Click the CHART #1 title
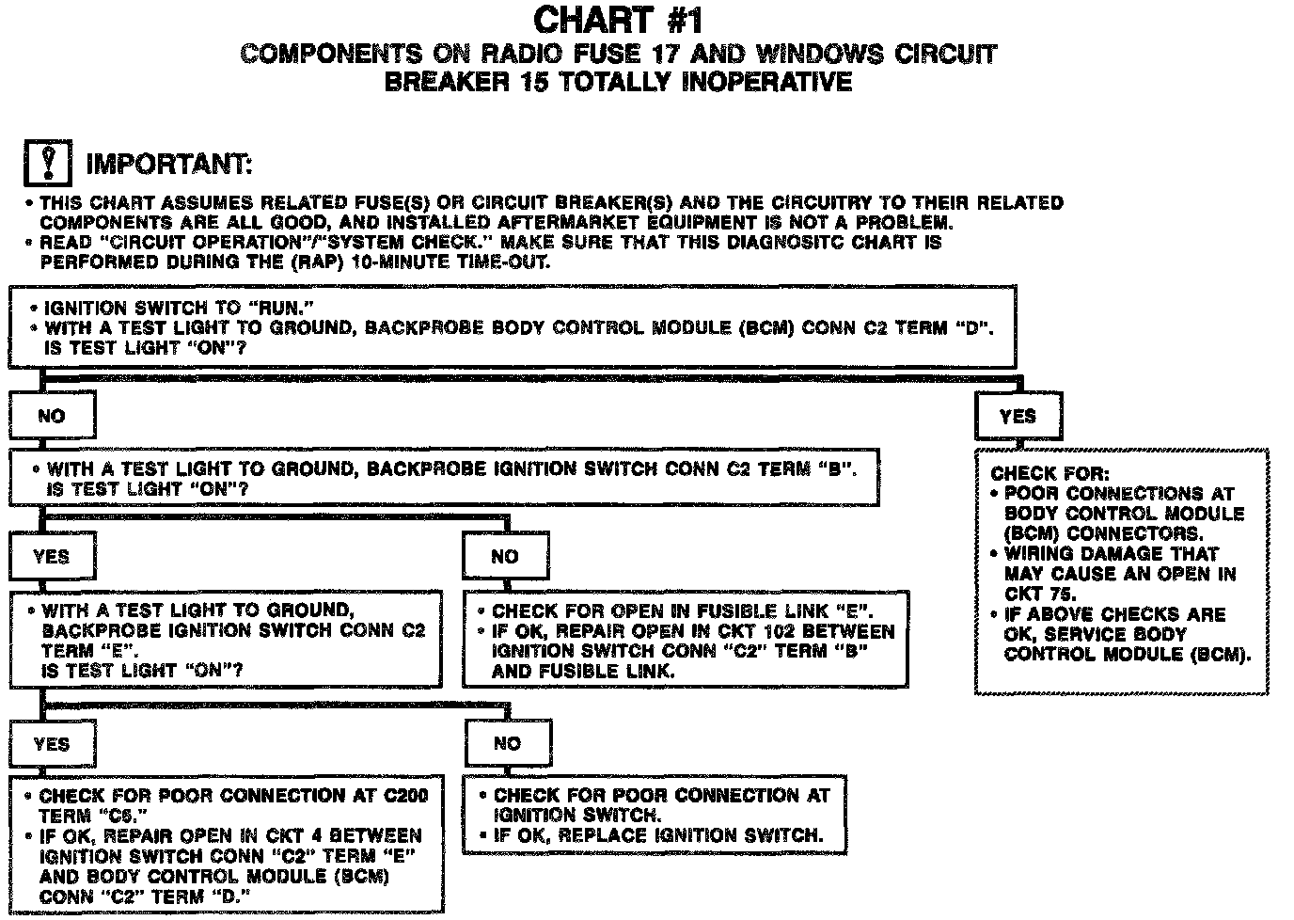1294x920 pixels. point(618,21)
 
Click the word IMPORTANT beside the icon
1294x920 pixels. point(169,165)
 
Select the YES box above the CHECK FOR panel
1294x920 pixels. point(1018,416)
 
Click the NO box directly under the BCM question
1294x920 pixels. point(52,416)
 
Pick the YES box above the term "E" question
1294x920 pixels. point(52,557)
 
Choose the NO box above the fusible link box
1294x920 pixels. point(505,557)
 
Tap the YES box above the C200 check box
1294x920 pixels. point(52,744)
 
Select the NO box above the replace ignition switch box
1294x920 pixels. point(507,744)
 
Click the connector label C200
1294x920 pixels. point(405,796)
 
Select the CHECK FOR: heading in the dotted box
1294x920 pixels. point(1049,474)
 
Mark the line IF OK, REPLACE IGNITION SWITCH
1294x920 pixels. point(658,835)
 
